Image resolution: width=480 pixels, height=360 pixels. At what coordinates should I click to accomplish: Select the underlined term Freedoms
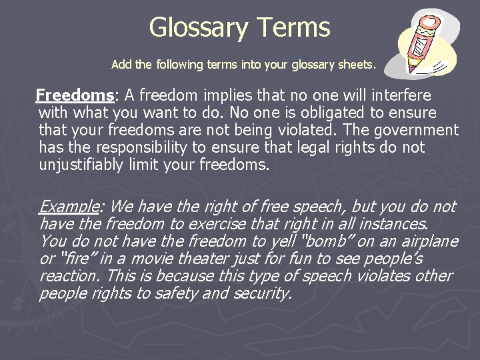65,95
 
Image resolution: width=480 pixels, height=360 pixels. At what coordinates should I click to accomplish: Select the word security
262,293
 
